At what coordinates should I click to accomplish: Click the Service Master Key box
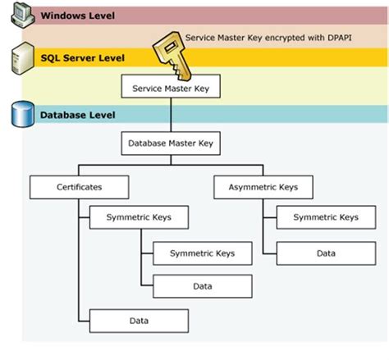171,86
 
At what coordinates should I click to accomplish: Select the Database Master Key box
171,144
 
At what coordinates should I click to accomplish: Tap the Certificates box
79,187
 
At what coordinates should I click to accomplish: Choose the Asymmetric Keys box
263,187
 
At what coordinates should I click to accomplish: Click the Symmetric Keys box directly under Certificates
139,217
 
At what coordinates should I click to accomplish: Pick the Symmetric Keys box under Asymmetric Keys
326,217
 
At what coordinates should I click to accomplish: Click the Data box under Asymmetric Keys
326,253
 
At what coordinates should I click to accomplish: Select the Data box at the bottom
139,321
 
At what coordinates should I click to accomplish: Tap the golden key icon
172,55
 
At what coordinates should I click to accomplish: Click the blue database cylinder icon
23,114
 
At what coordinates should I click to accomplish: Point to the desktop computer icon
23,16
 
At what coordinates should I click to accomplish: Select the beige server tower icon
23,58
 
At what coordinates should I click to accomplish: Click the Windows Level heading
78,16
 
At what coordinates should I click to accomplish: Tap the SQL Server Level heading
83,58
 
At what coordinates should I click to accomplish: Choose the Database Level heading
78,115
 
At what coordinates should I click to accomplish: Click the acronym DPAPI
340,38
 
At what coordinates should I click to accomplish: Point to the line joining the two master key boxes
171,115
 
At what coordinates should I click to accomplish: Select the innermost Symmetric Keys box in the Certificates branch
203,253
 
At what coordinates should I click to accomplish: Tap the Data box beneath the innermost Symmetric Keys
203,286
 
